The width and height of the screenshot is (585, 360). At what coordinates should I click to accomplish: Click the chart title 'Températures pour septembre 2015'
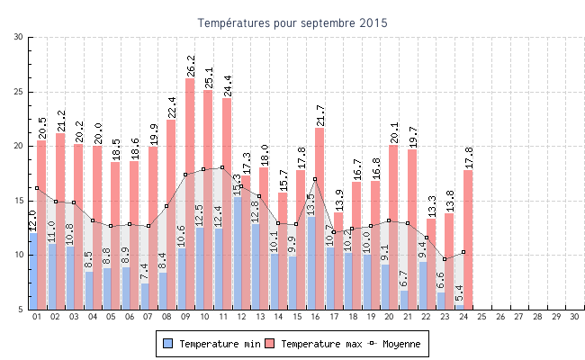[x=292, y=22]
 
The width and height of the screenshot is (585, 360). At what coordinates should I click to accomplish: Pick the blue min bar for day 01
[x=33, y=271]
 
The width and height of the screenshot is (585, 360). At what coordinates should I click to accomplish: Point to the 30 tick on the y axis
[x=19, y=37]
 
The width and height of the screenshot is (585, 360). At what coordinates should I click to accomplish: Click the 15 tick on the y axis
[x=19, y=201]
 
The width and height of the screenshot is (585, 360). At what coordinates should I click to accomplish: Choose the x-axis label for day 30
[x=575, y=317]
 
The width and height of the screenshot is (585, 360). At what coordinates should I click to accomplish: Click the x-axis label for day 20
[x=390, y=317]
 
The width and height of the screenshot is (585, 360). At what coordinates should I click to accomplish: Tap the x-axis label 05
[x=111, y=317]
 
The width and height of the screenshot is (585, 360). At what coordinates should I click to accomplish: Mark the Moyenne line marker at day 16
[x=315, y=179]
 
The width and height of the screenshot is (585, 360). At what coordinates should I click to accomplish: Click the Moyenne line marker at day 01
[x=37, y=188]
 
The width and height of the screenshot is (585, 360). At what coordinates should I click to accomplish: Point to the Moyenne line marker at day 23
[x=445, y=259]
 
